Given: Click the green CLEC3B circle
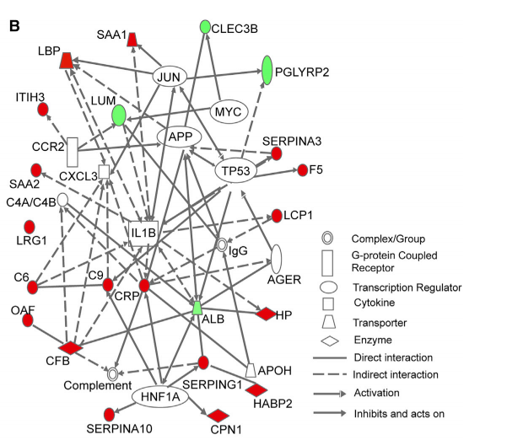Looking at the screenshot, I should coord(204,28).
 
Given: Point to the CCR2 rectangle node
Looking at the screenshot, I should coord(73,152).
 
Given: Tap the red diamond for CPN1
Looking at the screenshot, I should coord(219,415).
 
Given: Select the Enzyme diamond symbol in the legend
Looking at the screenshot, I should coord(332,341).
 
